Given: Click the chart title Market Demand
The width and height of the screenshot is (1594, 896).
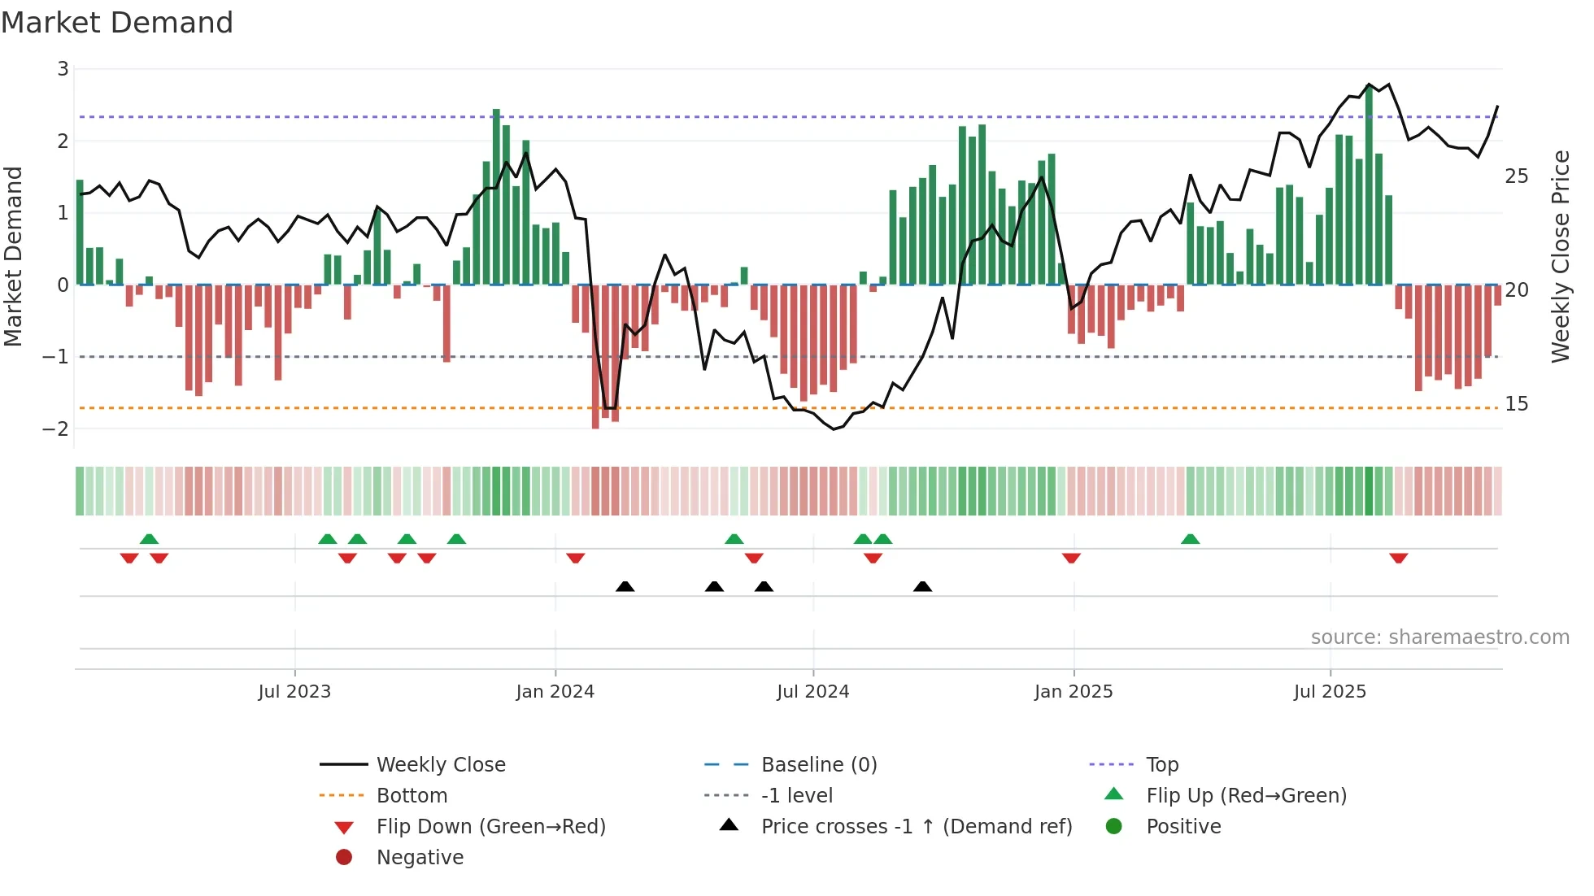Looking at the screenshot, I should (117, 23).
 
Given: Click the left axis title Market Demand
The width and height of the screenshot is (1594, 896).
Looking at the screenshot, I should (14, 256).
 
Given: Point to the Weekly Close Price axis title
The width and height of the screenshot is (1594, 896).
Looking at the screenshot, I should (1560, 256).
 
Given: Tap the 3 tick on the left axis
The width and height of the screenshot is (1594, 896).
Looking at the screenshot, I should (63, 69).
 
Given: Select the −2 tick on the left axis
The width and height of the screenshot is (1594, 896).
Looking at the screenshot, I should (56, 428).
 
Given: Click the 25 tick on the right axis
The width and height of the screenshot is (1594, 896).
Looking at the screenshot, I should (1516, 176).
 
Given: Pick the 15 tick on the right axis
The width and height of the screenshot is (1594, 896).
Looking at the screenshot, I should (1516, 404).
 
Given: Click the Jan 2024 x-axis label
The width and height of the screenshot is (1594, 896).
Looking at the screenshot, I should (555, 692).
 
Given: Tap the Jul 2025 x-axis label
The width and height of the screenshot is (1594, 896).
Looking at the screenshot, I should (1330, 692).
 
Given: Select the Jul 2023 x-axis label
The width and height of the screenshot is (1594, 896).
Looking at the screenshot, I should (294, 692).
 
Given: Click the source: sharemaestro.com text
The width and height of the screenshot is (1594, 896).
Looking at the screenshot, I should (1439, 637).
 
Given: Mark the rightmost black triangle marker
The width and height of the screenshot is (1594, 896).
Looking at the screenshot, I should (922, 587).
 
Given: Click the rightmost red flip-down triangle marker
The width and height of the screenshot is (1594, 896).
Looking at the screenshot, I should (1398, 558).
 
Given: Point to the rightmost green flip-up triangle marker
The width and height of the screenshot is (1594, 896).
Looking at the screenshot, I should (1190, 539).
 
